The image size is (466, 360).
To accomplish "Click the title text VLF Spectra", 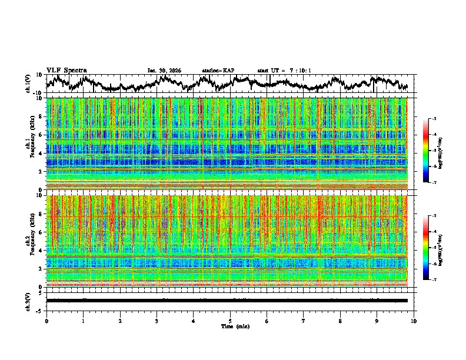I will click(66, 70).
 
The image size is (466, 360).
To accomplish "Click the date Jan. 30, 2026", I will click(164, 71).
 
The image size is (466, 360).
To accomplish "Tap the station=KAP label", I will click(218, 71).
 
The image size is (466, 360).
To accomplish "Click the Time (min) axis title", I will click(230, 326).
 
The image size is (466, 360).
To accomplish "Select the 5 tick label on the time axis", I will click(230, 321).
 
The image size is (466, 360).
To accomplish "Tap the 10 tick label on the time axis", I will click(414, 321).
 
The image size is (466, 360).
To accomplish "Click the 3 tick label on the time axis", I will click(157, 321).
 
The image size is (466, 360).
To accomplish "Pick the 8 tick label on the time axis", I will click(340, 321).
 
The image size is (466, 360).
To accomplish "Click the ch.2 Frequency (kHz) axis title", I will click(29, 241).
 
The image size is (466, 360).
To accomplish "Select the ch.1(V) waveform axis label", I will click(29, 84).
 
